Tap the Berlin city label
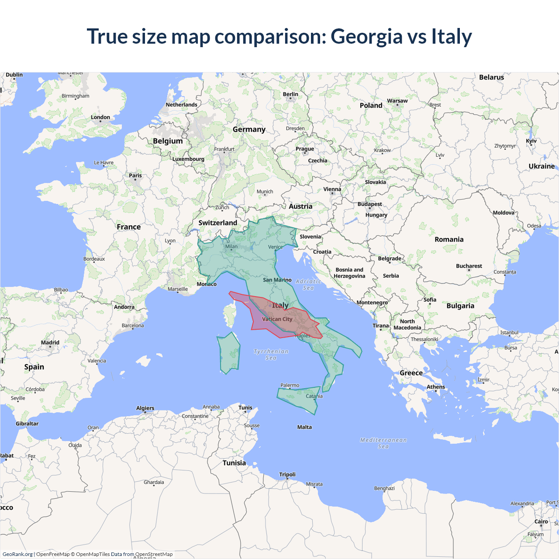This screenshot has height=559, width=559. [290, 94]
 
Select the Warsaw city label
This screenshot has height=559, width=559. [397, 101]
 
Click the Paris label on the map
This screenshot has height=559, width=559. [135, 176]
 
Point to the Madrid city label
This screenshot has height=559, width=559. [50, 343]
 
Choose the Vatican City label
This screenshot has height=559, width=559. [277, 319]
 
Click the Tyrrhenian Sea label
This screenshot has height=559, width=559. [271, 355]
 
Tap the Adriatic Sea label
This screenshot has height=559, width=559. [308, 285]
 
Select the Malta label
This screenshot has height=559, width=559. [304, 427]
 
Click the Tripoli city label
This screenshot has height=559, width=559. [287, 475]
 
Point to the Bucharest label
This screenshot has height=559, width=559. [469, 266]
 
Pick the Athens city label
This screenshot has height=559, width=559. [436, 387]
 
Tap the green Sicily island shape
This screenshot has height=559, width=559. [299, 398]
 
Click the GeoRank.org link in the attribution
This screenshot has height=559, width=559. [17, 554]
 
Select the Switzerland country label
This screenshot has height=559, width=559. [217, 223]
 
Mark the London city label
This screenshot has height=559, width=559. [100, 117]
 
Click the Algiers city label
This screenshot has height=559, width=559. [145, 408]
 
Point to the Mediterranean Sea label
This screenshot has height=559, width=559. [383, 443]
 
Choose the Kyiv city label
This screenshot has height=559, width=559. [531, 141]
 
